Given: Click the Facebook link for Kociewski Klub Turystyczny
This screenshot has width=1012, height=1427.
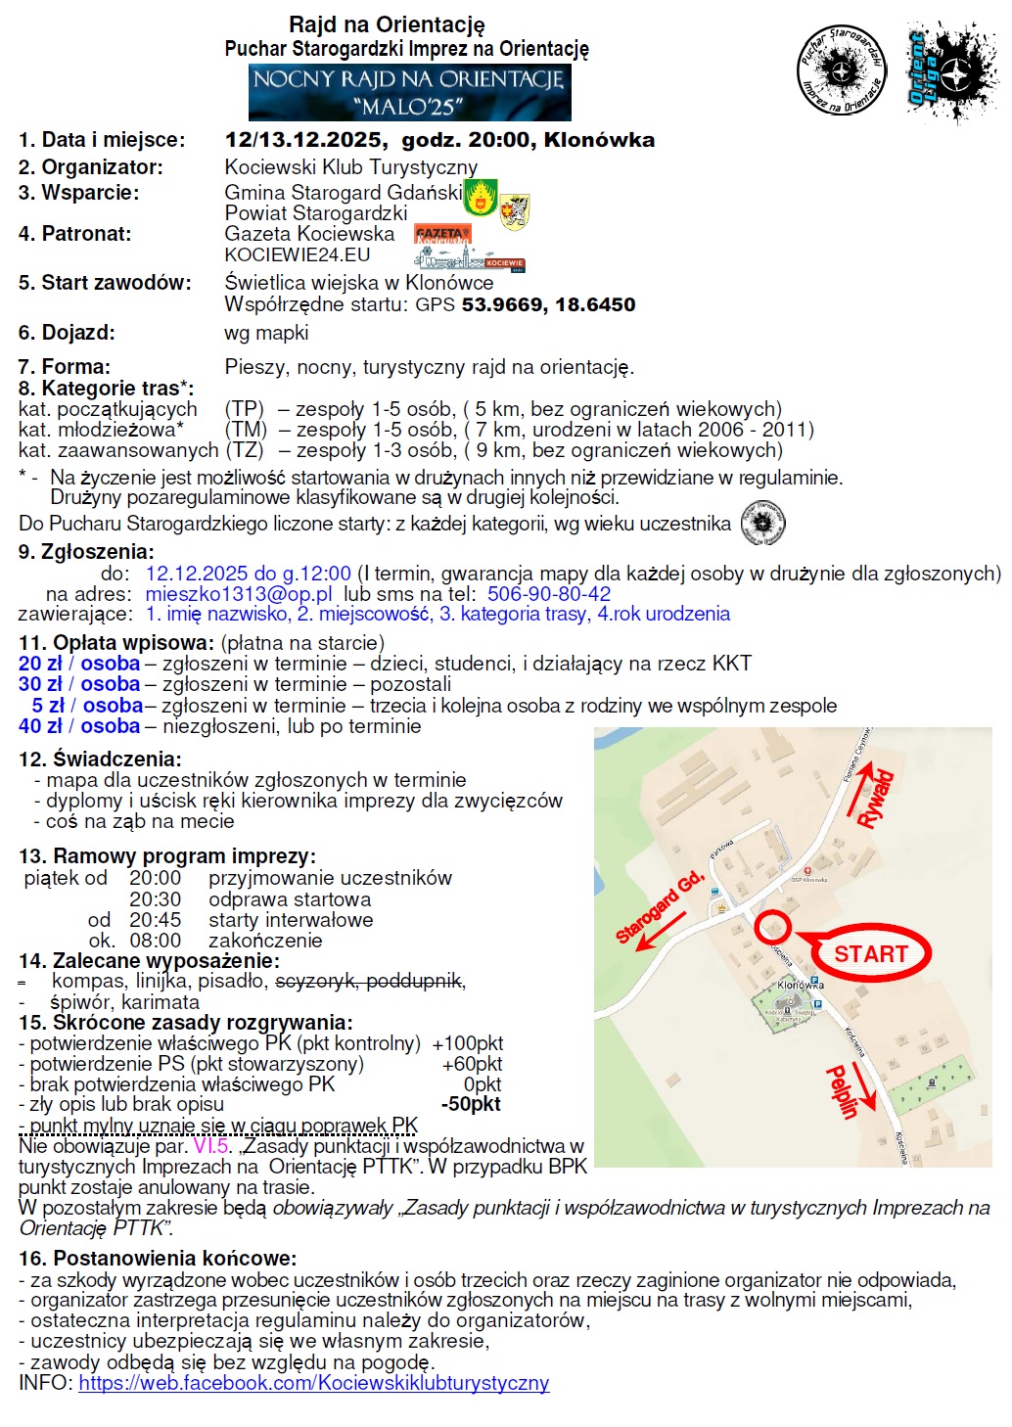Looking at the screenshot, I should coord(313,1383).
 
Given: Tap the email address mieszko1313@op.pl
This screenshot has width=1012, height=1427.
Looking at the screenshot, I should coord(239,593).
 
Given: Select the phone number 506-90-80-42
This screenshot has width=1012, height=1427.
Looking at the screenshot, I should coord(549,593).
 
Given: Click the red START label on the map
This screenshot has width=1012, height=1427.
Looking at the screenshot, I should coord(870,953).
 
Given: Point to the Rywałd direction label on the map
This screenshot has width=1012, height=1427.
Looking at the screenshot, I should coord(876,799).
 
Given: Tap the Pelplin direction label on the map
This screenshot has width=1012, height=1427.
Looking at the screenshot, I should coord(842,1091).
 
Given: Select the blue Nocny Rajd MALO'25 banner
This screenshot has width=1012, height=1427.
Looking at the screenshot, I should coord(409,92).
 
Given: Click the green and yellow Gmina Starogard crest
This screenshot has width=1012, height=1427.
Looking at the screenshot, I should coord(480,198).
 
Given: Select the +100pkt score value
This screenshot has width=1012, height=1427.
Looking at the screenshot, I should coord(467,1043).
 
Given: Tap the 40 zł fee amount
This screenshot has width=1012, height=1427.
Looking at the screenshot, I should coord(40,726).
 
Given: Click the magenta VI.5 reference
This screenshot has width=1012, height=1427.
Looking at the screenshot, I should coord(210,1146).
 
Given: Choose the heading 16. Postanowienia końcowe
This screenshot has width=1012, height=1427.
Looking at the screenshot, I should coord(157,1258).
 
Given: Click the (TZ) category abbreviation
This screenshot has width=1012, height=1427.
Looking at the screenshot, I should coord(245,450).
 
